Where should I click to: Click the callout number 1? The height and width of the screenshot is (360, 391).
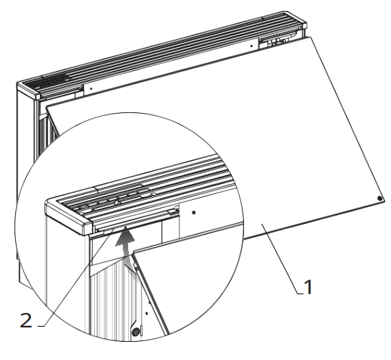click(308, 287)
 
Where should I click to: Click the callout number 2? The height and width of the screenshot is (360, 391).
click(26, 320)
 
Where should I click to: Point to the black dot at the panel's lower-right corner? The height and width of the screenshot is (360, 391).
click(380, 198)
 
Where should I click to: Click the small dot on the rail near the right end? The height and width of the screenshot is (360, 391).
click(251, 46)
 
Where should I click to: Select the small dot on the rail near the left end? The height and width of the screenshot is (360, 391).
click(91, 88)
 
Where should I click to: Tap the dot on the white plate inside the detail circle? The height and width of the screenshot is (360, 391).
click(194, 212)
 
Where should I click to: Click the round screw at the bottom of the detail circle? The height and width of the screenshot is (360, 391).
click(135, 332)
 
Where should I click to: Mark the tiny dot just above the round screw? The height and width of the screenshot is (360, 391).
click(146, 314)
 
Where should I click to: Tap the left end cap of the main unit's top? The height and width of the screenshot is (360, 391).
click(28, 91)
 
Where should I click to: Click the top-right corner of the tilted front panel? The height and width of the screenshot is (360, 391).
click(311, 37)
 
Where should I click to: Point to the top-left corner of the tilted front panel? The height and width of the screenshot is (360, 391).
click(46, 106)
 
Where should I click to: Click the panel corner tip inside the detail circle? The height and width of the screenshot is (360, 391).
click(133, 254)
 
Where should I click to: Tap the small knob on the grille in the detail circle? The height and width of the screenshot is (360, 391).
click(117, 202)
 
